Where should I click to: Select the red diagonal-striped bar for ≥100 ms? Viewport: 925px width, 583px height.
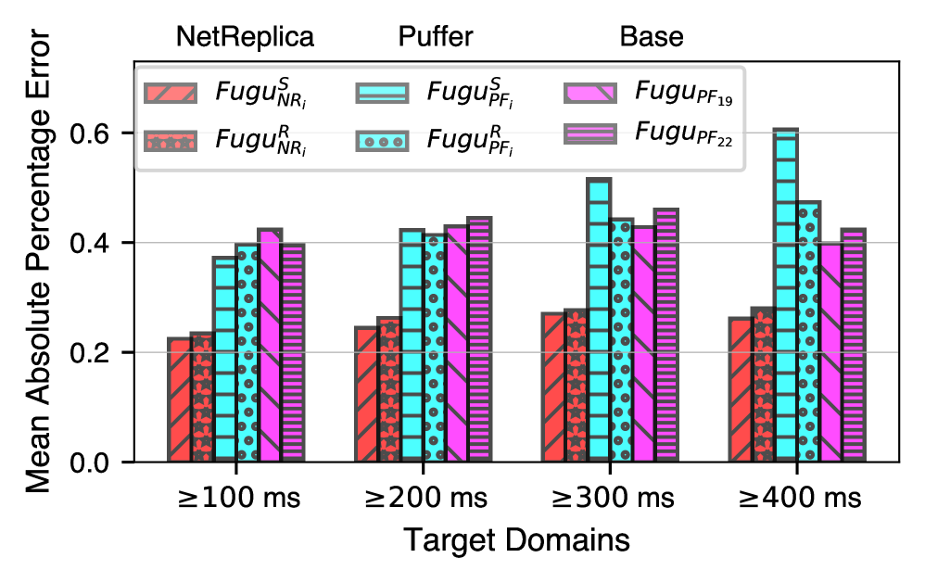click(x=179, y=399)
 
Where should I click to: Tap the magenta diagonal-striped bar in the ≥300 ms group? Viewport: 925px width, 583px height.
click(x=644, y=344)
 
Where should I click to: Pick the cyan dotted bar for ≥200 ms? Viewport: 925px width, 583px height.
click(x=435, y=348)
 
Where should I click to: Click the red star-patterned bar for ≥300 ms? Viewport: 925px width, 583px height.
click(x=575, y=386)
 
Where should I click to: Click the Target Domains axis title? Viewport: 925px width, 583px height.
click(x=516, y=540)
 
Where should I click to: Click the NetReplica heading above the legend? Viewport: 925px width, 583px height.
click(x=245, y=37)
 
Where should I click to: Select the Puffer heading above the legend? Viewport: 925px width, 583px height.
click(x=436, y=37)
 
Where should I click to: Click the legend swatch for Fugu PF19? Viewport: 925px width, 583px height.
click(x=589, y=94)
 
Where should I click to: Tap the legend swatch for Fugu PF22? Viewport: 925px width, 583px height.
click(x=589, y=135)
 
